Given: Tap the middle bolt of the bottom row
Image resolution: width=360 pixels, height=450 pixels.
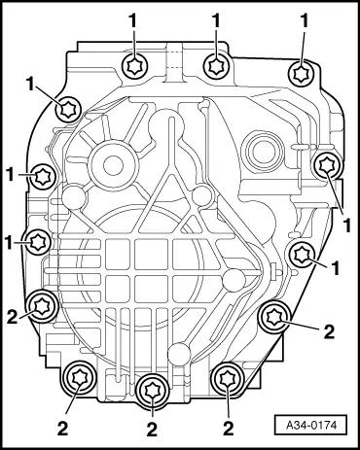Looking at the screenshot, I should coord(150,389).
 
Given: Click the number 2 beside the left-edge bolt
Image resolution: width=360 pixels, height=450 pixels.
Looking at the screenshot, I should coord(12,316).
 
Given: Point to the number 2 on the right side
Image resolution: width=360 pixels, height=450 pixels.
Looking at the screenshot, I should coord(330,331).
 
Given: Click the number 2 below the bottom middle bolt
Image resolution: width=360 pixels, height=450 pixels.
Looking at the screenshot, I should coord(152,427).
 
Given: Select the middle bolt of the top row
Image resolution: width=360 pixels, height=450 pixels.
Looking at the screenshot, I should coord(216,65).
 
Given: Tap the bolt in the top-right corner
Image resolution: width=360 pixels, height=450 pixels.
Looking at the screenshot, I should coord(304,72).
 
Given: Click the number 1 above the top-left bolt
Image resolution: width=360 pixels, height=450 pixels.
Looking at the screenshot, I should coord(133,18).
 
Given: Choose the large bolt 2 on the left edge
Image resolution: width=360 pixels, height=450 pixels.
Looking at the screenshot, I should coord(41,306).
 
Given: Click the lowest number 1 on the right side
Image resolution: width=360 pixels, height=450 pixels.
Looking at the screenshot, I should coord(334,264).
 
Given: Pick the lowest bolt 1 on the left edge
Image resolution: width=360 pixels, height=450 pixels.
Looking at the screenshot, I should coord(38,241).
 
